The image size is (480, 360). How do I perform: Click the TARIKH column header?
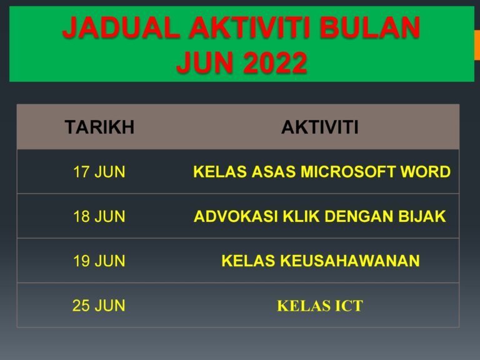point(99,127)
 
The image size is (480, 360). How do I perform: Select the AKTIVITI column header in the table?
point(320,127)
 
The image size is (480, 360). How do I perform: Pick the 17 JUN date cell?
point(99,172)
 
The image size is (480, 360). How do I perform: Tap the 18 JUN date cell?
point(99,217)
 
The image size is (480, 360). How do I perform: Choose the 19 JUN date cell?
point(99,261)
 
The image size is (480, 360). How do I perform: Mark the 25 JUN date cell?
point(99,306)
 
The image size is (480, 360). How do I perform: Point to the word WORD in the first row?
point(429,172)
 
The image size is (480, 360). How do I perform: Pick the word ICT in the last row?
point(349,306)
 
